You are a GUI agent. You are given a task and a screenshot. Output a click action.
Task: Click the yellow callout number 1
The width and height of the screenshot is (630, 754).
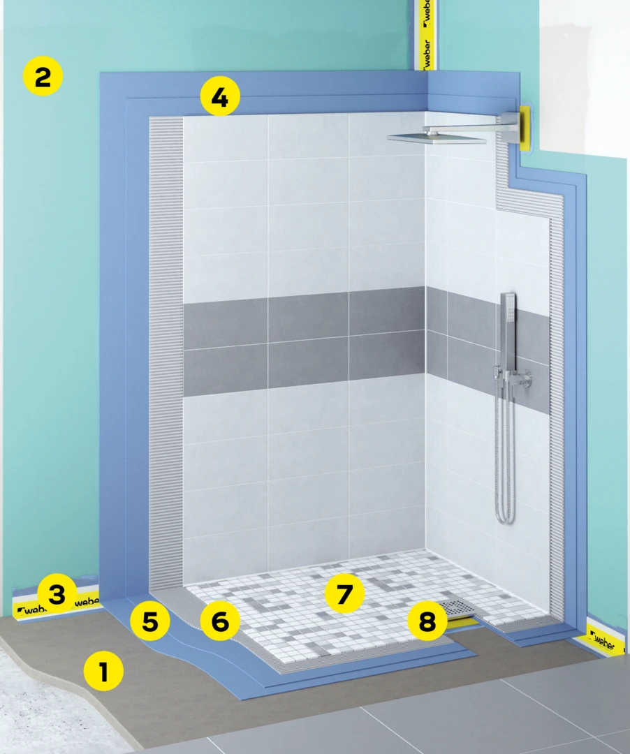click(x=103, y=672)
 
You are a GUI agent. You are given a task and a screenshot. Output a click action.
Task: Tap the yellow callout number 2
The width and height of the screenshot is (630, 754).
click(x=43, y=77)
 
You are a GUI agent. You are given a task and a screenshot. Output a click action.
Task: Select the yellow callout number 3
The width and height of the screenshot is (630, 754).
click(x=57, y=594)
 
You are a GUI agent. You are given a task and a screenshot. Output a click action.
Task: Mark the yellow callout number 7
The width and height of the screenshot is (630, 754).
click(x=344, y=594)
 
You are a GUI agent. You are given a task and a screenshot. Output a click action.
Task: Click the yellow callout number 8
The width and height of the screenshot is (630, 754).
click(x=427, y=621)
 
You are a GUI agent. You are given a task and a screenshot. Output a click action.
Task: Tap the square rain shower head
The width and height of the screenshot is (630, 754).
click(x=437, y=138)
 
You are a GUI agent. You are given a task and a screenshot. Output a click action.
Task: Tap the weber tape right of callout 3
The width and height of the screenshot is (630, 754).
click(x=87, y=601)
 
